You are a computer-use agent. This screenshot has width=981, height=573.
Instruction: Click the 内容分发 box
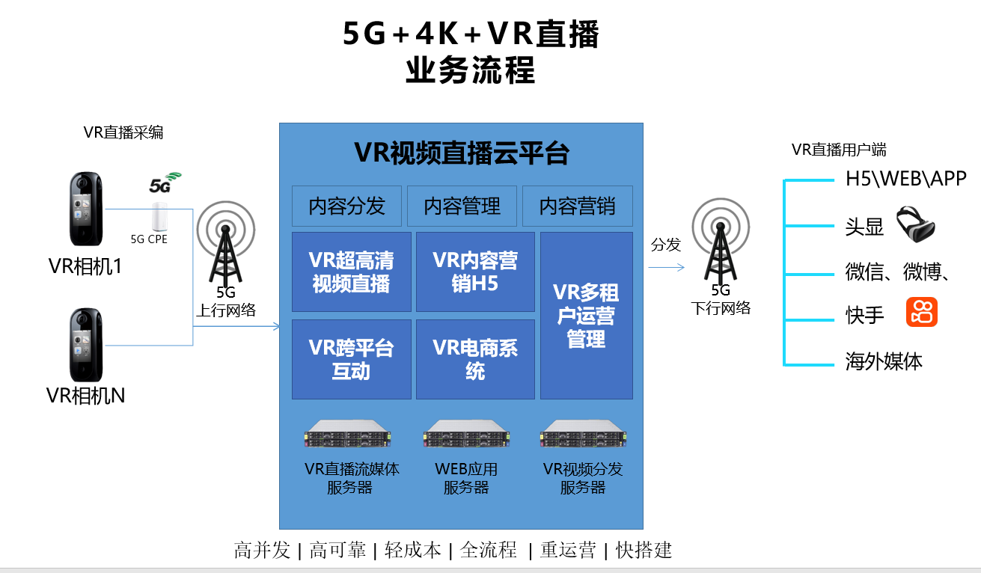pos(346,206)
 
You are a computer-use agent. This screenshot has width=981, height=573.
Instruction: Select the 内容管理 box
pos(462,206)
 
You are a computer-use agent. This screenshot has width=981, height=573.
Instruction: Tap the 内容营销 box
pos(577,206)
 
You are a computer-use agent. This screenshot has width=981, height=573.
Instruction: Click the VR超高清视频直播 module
pos(351,272)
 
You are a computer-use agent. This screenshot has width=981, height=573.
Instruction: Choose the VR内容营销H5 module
pos(475,272)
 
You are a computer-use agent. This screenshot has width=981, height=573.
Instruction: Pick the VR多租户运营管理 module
pos(586,315)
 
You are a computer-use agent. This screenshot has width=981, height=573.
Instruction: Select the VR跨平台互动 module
pos(351,359)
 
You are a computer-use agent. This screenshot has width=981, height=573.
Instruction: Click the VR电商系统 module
pos(475,359)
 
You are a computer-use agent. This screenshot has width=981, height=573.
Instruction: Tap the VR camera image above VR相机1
pos(86,210)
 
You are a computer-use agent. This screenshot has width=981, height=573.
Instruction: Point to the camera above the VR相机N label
pos(86,345)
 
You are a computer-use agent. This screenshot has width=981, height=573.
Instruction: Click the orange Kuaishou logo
pos(921,312)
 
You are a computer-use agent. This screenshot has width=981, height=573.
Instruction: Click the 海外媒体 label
pos(884,362)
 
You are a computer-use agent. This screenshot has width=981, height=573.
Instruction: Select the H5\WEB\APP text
pos(905,179)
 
